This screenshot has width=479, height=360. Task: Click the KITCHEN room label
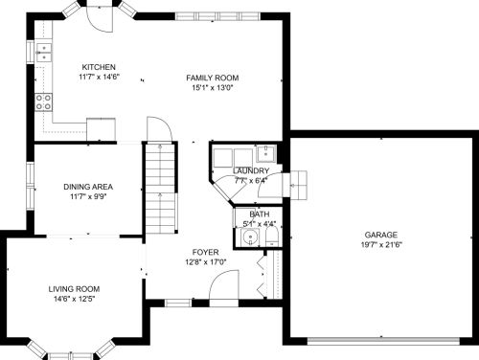point(99,67)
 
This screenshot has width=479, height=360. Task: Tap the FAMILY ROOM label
point(213,78)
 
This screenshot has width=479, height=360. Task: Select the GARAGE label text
point(381,235)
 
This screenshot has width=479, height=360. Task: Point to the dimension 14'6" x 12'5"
point(74,299)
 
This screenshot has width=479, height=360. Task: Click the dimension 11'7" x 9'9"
point(88,196)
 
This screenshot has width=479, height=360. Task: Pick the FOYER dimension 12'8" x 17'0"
point(206,262)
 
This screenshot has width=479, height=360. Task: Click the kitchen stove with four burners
point(43,101)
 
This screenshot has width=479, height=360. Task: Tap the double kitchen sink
point(44,53)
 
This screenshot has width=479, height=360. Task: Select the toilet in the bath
point(272,236)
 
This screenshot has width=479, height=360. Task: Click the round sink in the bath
point(250,237)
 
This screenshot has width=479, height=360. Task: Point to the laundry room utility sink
point(265,153)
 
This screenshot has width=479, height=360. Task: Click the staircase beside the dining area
point(161,189)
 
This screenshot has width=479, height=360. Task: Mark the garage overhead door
point(383,341)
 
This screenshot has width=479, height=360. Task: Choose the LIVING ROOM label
point(74,289)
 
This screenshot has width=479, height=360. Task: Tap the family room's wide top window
point(217,16)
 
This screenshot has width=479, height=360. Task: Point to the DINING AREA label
point(88,187)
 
